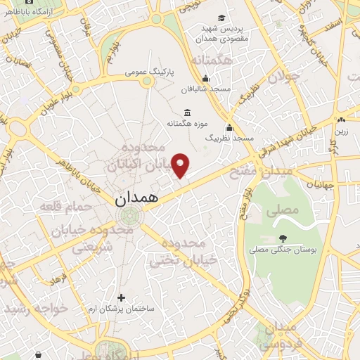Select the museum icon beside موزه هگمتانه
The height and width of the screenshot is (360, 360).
tap(187, 112)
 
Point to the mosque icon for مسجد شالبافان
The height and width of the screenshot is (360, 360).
tap(205, 79)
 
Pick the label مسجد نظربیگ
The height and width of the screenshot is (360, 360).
tap(229, 139)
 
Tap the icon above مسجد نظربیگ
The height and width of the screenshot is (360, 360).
tap(229, 128)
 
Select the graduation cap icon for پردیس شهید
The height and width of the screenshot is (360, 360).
tap(222, 18)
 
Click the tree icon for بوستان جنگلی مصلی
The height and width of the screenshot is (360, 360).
tap(283, 238)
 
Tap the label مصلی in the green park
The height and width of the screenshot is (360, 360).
tap(276, 209)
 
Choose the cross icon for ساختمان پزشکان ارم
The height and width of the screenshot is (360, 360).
tap(121, 297)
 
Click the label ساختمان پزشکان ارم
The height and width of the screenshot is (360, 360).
tap(124, 309)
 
